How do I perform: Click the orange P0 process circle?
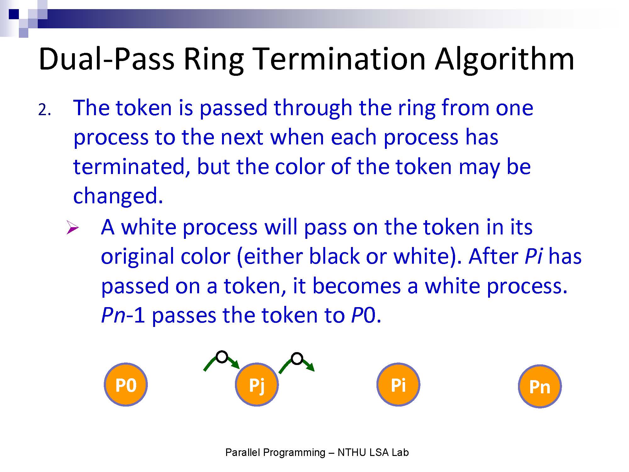point(126,385)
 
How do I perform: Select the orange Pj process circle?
point(257,385)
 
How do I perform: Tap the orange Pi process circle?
point(398,385)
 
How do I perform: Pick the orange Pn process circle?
point(540,386)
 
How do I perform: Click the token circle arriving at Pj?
point(222,357)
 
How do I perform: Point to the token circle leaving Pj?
point(297,358)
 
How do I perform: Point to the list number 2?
point(44,110)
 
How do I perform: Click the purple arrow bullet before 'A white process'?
point(73,228)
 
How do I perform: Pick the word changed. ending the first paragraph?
point(118,196)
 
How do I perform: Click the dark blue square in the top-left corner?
point(14,14)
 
